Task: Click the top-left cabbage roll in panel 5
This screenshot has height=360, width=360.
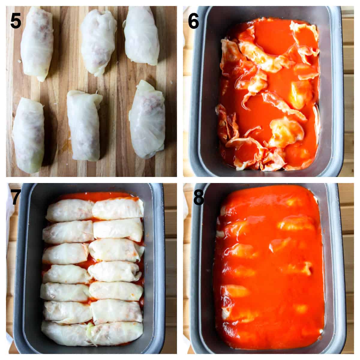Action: point(37,43)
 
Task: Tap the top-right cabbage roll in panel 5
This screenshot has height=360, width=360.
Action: point(142,36)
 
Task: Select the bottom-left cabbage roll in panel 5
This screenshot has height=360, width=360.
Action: point(29,135)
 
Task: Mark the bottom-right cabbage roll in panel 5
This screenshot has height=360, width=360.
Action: point(147,120)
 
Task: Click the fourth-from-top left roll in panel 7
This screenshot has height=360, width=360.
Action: point(67,274)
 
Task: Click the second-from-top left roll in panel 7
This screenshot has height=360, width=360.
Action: point(68,232)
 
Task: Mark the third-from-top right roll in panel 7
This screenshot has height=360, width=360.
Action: point(115,250)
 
